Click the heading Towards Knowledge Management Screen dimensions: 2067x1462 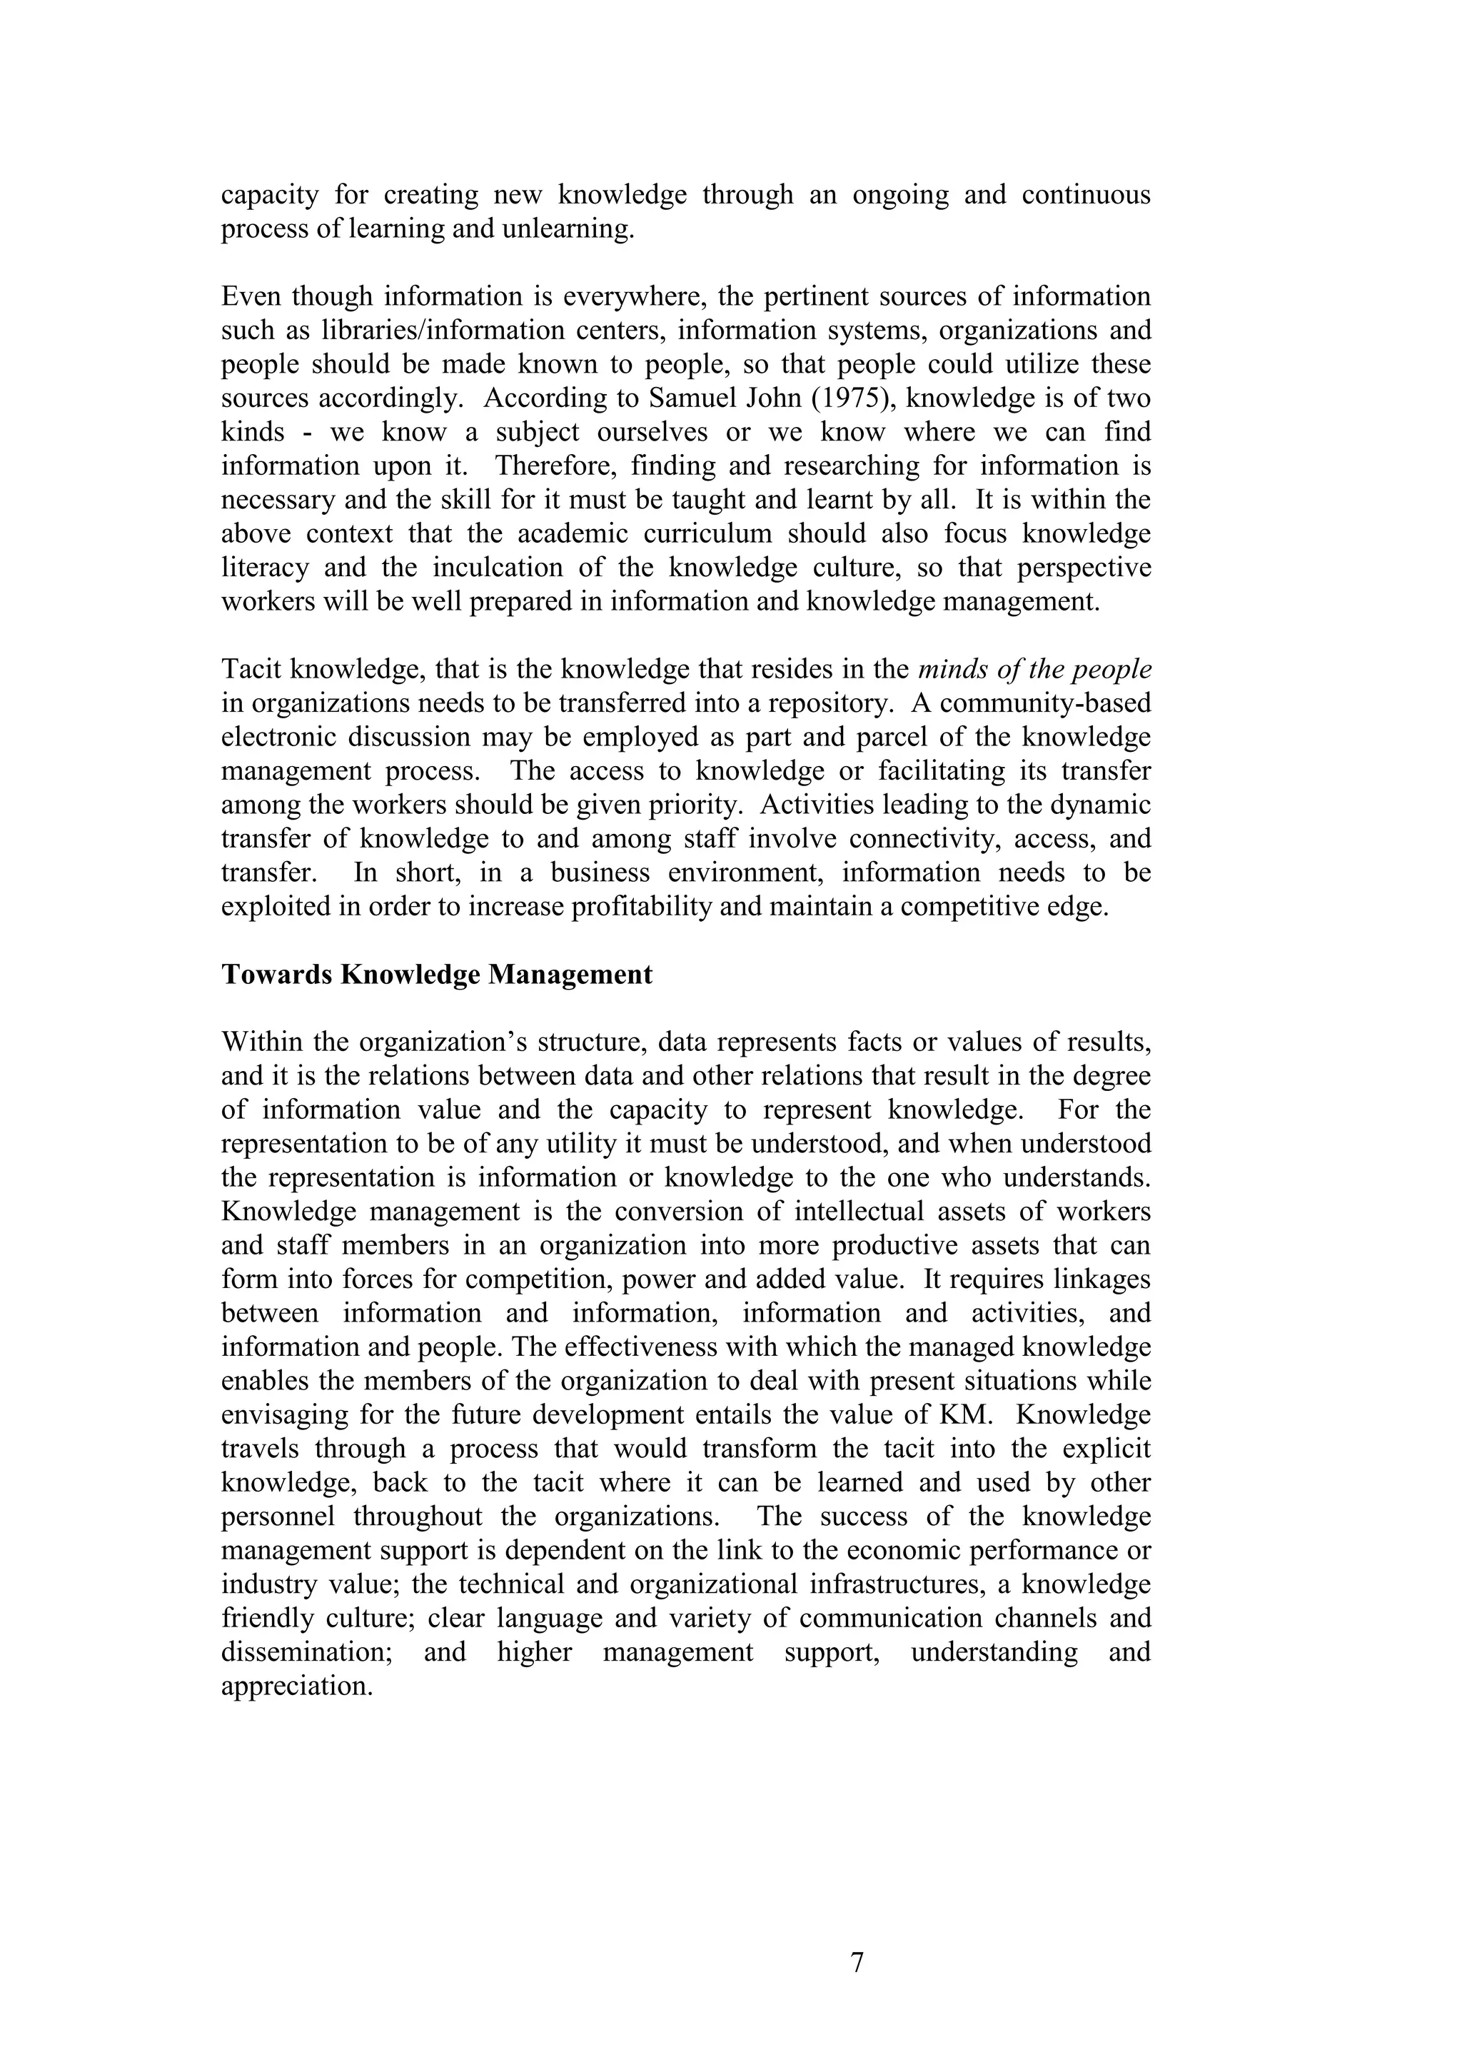point(437,975)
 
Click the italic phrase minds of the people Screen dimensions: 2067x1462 point(1034,670)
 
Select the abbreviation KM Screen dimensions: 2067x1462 point(965,1415)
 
